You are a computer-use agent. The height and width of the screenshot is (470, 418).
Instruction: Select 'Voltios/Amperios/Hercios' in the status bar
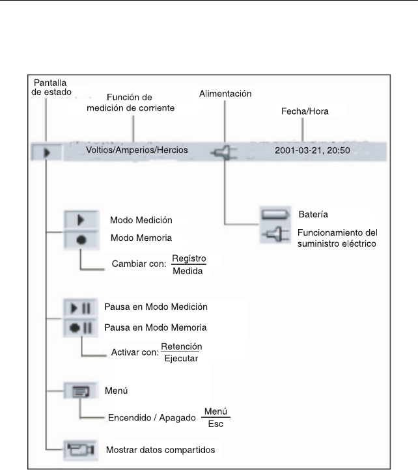137,150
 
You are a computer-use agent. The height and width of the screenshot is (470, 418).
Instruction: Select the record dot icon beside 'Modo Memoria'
81,239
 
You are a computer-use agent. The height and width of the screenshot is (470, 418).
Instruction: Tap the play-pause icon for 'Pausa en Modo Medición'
81,307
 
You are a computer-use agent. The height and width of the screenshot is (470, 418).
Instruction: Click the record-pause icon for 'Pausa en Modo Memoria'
81,327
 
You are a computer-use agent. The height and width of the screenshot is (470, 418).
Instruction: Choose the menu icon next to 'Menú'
81,391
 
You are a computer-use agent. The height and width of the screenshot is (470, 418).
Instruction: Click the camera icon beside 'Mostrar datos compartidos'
81,449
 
